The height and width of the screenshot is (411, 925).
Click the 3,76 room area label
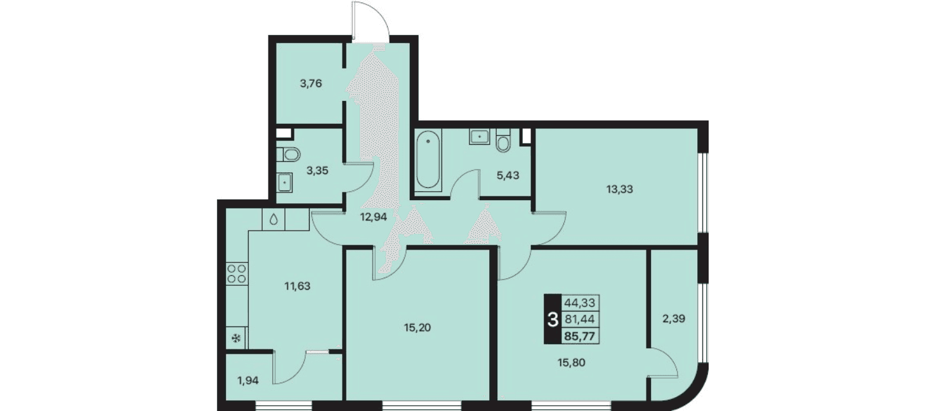310,84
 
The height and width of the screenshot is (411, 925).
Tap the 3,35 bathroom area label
317,171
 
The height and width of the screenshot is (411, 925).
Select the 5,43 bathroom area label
508,175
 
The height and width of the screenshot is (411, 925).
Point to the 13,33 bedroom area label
619,189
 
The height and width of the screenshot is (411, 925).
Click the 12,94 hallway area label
373,217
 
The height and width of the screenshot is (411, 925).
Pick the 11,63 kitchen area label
298,286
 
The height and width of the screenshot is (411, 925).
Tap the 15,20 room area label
417,328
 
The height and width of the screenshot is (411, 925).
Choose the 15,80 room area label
571,363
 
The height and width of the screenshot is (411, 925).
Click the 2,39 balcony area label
674,319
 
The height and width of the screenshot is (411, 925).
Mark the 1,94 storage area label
248,381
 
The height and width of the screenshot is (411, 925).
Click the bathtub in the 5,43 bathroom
428,159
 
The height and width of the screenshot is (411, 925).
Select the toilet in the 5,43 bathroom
503,140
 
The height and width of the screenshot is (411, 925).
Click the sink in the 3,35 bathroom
284,182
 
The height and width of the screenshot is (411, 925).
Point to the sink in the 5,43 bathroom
479,137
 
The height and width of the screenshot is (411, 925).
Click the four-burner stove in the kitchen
237,274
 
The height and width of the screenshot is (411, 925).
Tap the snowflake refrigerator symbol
237,339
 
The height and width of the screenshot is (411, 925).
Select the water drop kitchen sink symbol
274,220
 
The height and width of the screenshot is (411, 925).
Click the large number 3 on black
553,319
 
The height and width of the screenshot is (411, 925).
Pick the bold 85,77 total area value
580,336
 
